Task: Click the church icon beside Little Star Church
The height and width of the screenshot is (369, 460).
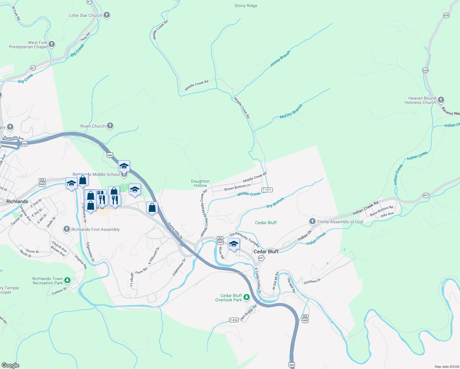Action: (x=107, y=15)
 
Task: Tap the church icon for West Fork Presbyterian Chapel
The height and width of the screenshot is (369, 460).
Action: (x=52, y=44)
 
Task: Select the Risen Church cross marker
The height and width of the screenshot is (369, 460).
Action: (x=110, y=126)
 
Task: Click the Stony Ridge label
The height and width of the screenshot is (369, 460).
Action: (x=246, y=6)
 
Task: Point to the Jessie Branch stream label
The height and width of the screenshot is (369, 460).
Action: (x=280, y=59)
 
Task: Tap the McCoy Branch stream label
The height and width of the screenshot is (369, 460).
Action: (x=291, y=111)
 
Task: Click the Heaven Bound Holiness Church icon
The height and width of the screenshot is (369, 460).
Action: (x=441, y=100)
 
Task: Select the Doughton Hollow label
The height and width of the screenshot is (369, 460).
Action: (x=200, y=183)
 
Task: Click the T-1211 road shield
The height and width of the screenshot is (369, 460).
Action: (x=267, y=190)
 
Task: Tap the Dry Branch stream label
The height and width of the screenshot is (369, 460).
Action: (x=275, y=203)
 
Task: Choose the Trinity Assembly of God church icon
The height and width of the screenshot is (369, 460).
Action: (x=312, y=221)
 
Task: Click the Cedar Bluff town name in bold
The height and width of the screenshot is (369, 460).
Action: (x=266, y=252)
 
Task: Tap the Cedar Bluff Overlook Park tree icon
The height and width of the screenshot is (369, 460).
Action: (x=247, y=297)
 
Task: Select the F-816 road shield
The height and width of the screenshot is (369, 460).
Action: (x=234, y=320)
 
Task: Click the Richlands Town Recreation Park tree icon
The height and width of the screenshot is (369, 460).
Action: (x=67, y=280)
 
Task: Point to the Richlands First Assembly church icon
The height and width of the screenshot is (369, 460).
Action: (x=67, y=229)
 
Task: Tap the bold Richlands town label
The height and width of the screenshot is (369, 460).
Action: (x=17, y=201)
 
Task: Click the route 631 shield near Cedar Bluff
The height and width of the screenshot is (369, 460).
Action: (x=261, y=258)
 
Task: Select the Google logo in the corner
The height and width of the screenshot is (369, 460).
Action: (x=10, y=365)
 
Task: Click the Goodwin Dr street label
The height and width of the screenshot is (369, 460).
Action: (x=312, y=281)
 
